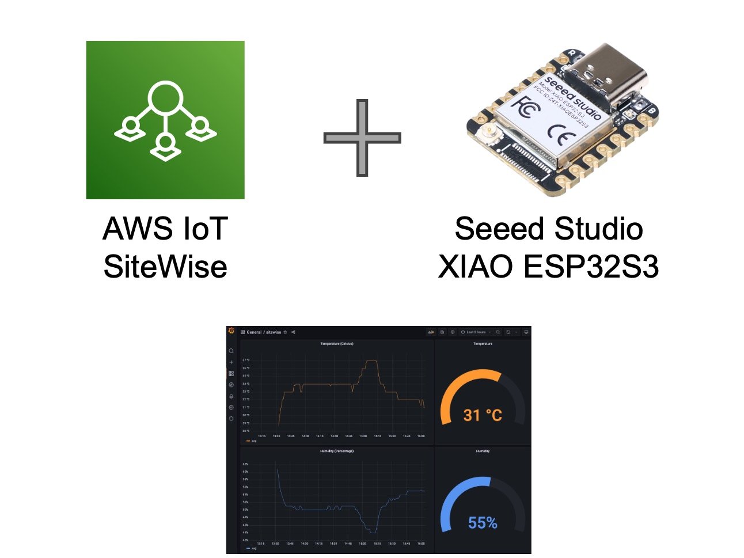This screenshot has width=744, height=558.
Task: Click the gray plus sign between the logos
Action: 362,138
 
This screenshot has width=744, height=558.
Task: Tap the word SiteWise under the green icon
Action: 165,267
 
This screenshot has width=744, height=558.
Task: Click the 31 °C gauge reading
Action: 483,415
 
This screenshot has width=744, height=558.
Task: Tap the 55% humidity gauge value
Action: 483,523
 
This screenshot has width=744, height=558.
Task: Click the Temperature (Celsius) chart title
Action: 337,344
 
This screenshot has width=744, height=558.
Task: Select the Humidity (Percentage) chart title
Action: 337,451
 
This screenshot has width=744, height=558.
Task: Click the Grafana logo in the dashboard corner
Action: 231,331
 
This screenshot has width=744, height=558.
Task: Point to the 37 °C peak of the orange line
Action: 371,361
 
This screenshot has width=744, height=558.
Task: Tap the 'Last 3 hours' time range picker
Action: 476,332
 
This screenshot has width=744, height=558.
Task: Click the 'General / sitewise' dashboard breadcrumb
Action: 264,332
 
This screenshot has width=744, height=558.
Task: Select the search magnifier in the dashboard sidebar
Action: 231,351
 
